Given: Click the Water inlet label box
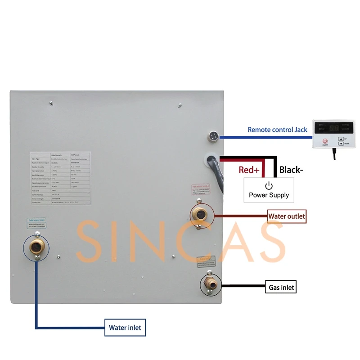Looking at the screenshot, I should (x=125, y=328).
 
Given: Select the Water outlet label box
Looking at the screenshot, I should (x=287, y=216).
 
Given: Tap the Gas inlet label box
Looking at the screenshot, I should (x=282, y=287).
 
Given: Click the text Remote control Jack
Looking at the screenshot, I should (x=277, y=130).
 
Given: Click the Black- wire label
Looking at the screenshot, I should (x=291, y=170).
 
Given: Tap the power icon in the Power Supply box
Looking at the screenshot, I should (x=269, y=185).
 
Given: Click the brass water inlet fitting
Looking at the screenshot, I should (x=34, y=245).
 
